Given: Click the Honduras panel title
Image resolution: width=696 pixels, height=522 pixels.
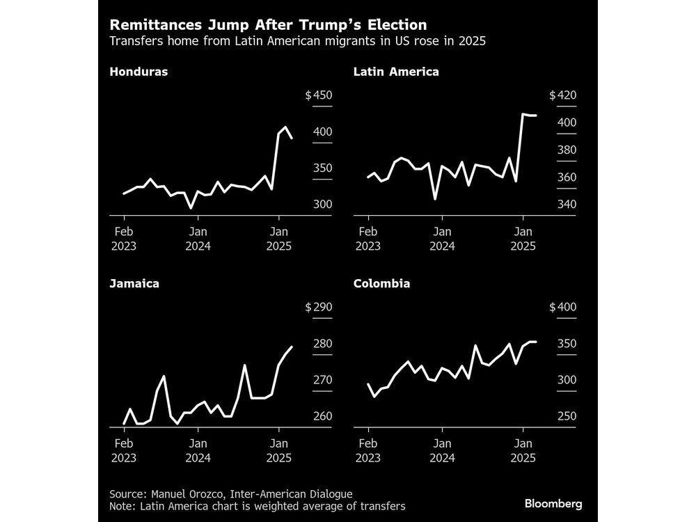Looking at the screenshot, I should click(139, 72).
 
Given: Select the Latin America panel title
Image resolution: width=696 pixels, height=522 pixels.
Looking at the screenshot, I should click(396, 72).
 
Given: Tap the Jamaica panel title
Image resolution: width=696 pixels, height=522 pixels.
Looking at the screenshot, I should click(134, 283).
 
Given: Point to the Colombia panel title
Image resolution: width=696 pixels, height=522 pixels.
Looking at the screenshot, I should click(381, 283).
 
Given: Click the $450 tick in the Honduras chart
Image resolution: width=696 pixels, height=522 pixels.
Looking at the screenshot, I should click(319, 96).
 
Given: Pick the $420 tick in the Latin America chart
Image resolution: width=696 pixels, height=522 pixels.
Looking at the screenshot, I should click(563, 96).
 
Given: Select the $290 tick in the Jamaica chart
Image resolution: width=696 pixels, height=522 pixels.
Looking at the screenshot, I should click(319, 308).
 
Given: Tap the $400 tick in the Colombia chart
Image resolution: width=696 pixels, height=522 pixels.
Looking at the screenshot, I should click(563, 308).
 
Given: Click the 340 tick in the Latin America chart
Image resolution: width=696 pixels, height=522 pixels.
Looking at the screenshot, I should click(563, 205).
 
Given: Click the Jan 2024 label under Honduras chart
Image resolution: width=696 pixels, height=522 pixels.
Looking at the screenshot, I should click(198, 238).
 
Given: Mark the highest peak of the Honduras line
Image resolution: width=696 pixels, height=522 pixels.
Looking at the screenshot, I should click(285, 127).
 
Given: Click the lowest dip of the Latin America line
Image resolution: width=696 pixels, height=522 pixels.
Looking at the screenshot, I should click(435, 199).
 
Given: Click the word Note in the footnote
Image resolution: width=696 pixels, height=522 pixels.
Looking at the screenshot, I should click(122, 506).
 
